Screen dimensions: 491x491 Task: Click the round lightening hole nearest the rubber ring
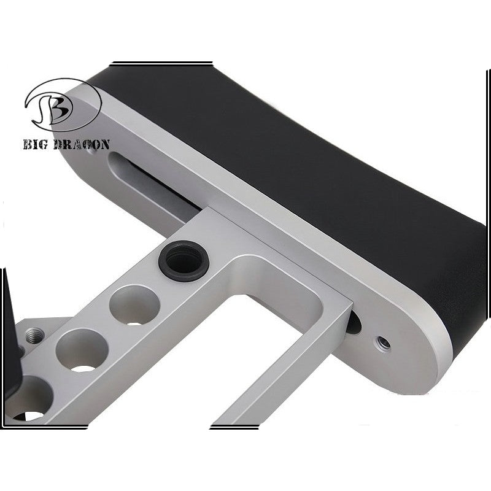pos(134,306)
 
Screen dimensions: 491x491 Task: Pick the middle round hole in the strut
pos(82,350)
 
